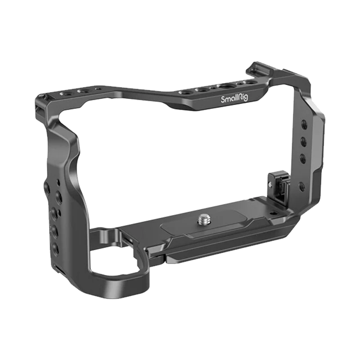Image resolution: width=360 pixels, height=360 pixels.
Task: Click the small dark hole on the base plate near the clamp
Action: [273, 213]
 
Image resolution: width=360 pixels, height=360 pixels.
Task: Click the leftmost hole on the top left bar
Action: [64, 93]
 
